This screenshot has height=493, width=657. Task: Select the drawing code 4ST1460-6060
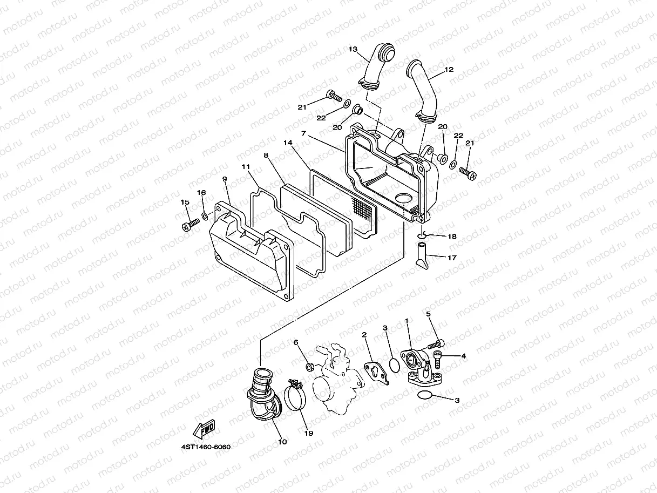(206, 447)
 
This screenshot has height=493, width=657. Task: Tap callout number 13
(353, 49)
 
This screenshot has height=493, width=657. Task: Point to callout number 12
(449, 70)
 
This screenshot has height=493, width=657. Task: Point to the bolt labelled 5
(436, 344)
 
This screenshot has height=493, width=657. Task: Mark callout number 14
(288, 143)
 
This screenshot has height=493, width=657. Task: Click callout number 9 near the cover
(225, 179)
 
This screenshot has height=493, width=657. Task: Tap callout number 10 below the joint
(282, 442)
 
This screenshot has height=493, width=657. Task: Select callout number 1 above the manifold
(407, 320)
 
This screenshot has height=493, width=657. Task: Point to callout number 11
(246, 167)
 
